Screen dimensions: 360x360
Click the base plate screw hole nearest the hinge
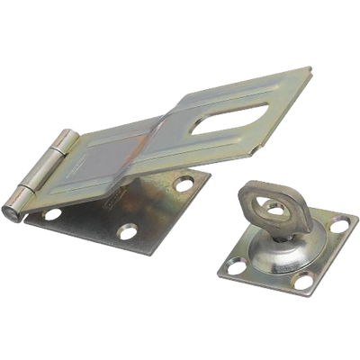click(53, 215)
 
